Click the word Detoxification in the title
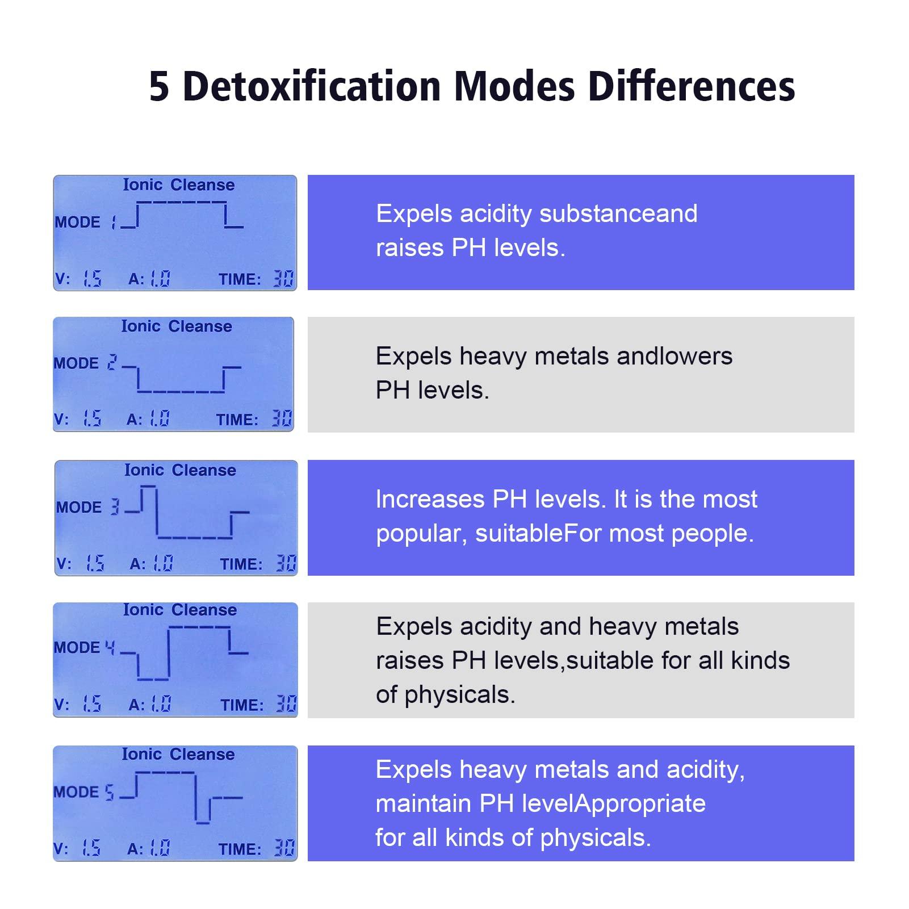click(x=312, y=87)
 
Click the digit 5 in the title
click(x=159, y=87)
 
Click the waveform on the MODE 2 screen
click(x=182, y=379)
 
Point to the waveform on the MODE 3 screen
click(x=187, y=513)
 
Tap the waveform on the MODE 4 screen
click(x=185, y=653)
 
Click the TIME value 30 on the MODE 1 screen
click(x=283, y=279)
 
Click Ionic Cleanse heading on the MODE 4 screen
click(x=180, y=610)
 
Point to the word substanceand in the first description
click(x=618, y=214)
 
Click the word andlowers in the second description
click(x=674, y=357)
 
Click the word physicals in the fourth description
click(x=459, y=695)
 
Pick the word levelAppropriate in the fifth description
click(x=613, y=804)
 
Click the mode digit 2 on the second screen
click(x=112, y=363)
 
